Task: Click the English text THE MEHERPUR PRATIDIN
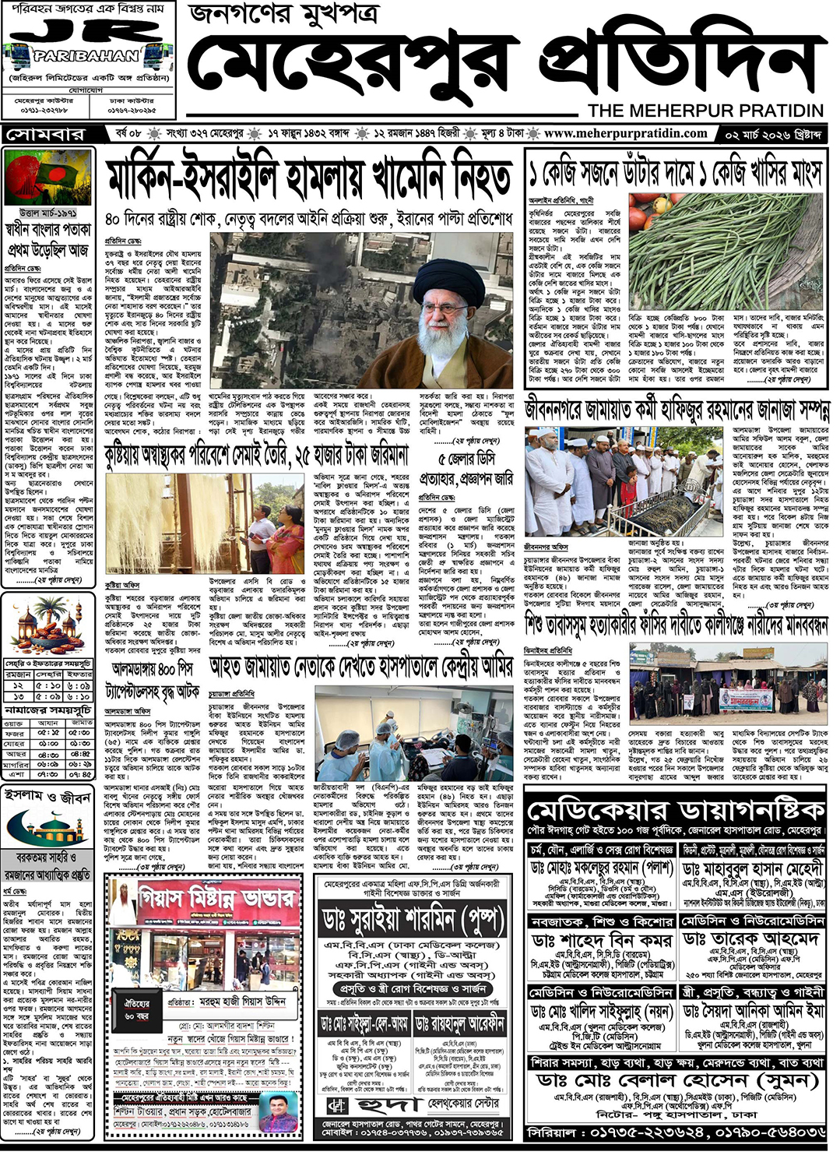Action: (x=705, y=110)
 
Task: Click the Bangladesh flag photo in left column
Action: (x=48, y=177)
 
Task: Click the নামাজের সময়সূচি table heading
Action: (x=48, y=710)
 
